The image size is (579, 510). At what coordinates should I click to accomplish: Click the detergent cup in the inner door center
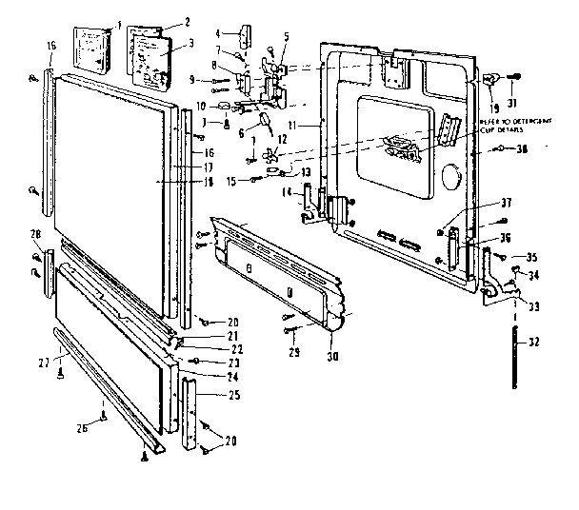[405, 147]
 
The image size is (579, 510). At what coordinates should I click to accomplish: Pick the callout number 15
[231, 182]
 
